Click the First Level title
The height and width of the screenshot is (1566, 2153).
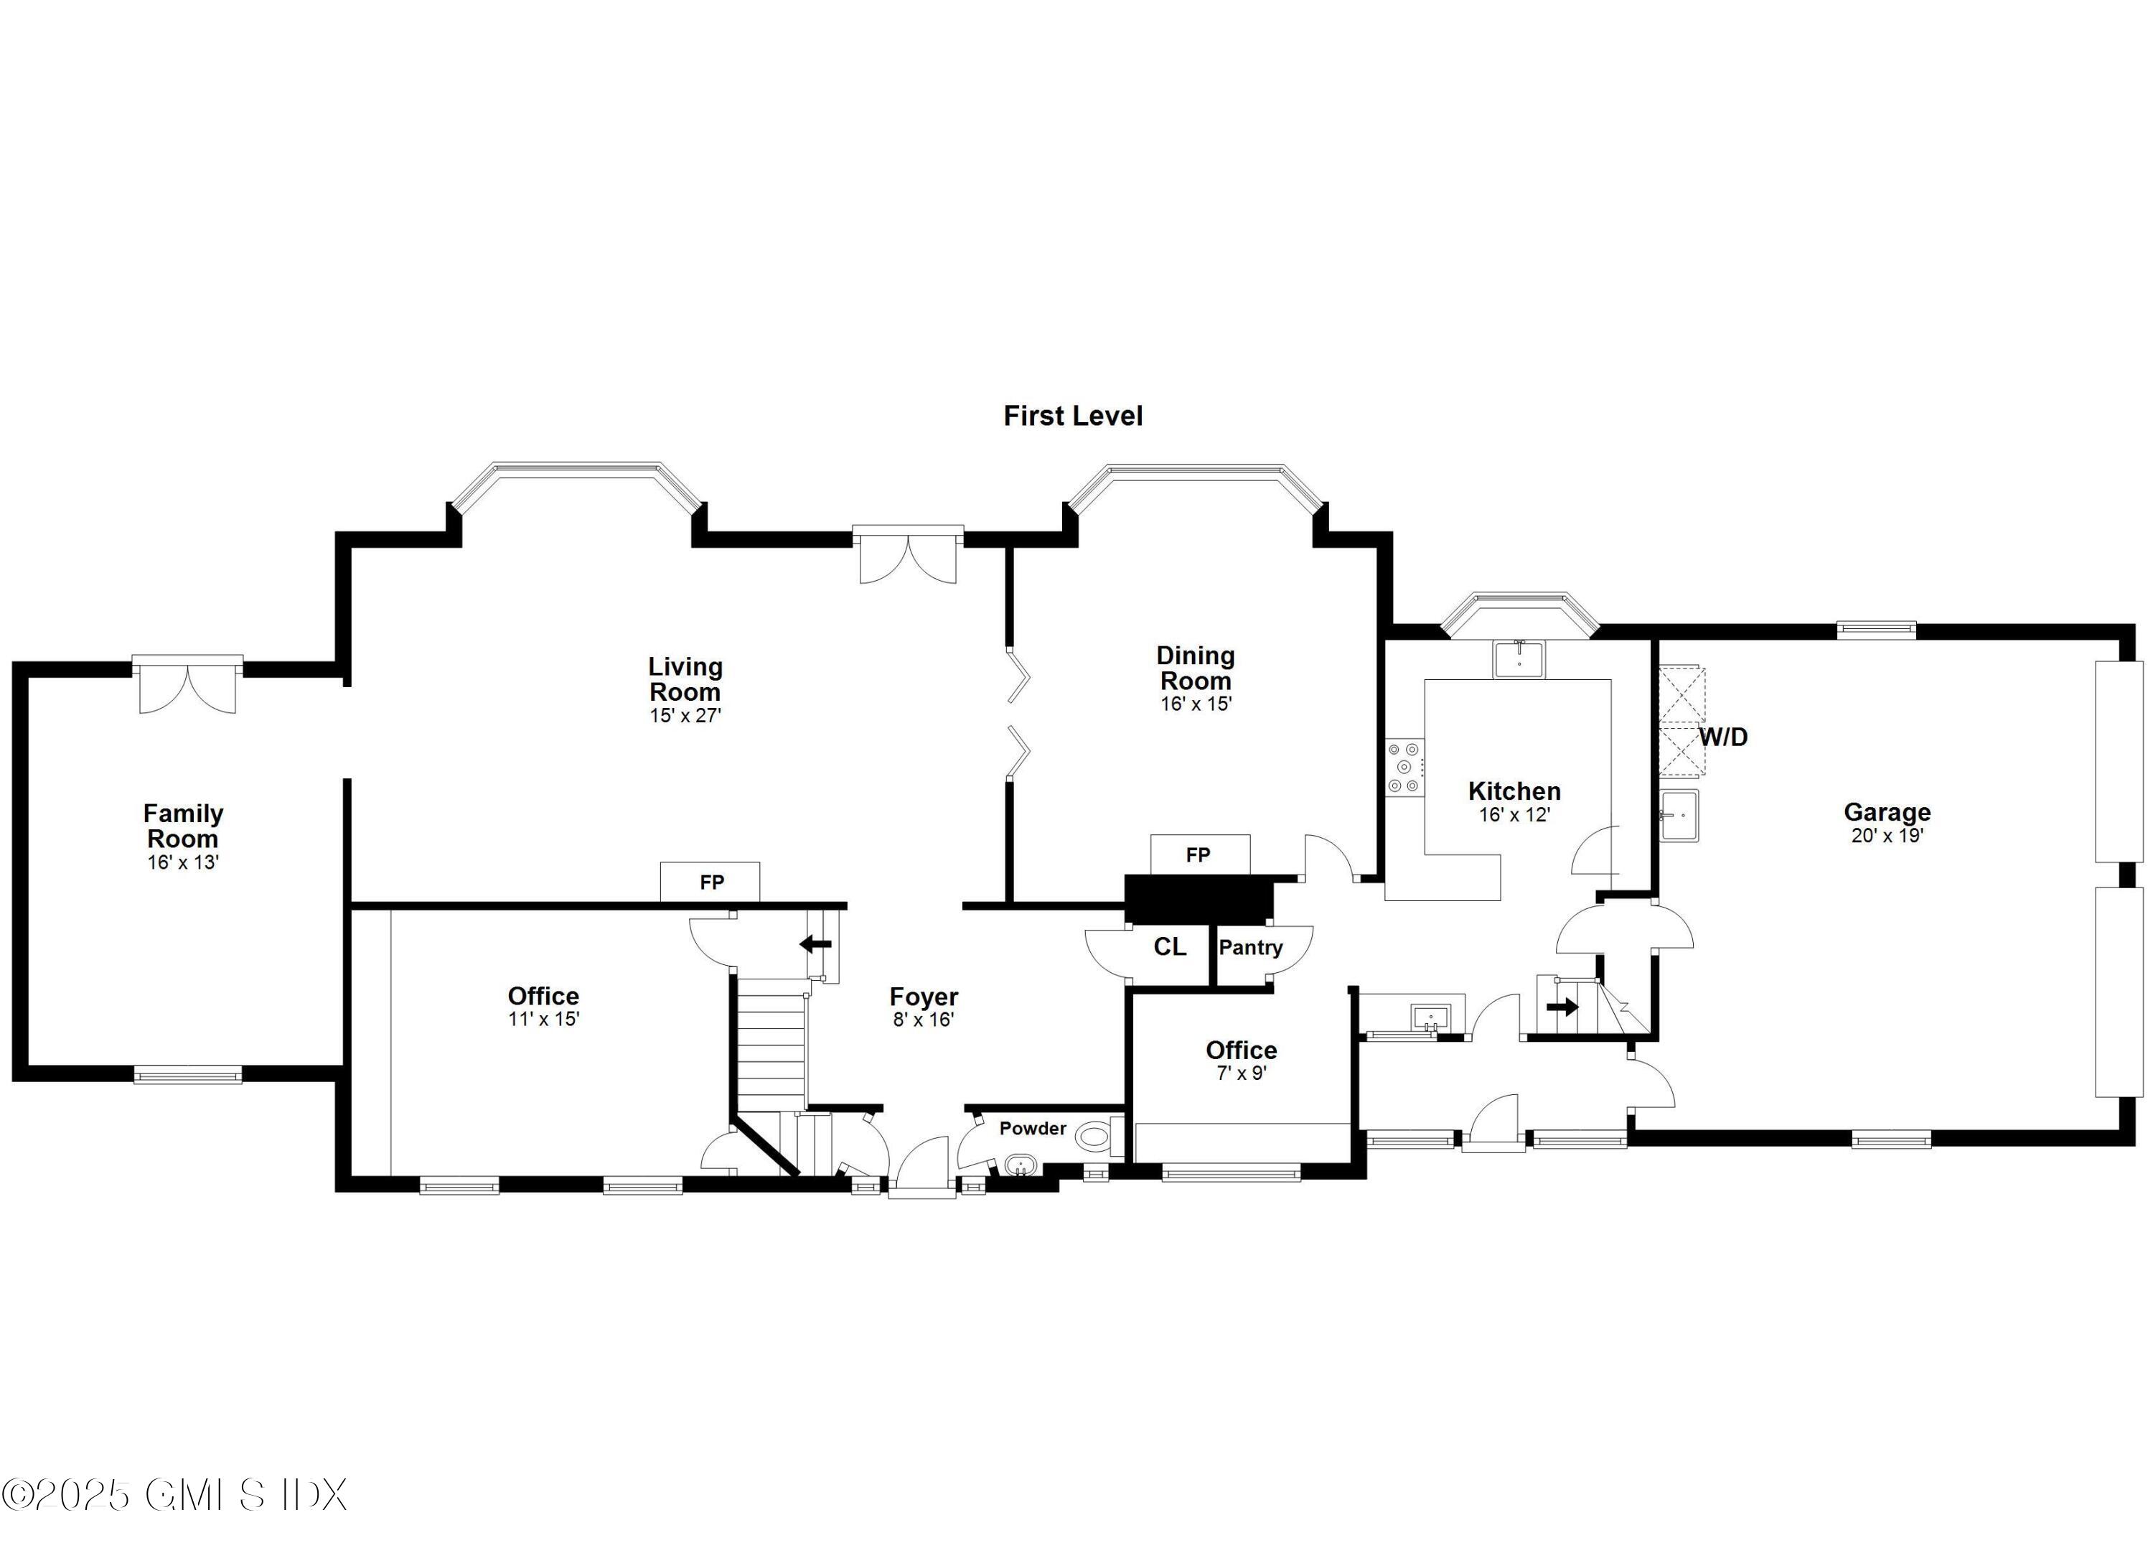pyautogui.click(x=1073, y=416)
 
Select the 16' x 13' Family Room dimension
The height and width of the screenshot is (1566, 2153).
pyautogui.click(x=183, y=862)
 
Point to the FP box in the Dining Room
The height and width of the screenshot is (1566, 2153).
pyautogui.click(x=1199, y=854)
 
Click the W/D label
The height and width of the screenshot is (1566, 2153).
pyautogui.click(x=1723, y=737)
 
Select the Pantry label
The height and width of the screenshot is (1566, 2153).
pyautogui.click(x=1250, y=947)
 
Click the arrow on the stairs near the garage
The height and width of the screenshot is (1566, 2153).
pyautogui.click(x=1562, y=1007)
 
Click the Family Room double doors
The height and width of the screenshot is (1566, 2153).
pyautogui.click(x=188, y=686)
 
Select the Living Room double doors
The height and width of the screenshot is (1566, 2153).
pyautogui.click(x=908, y=556)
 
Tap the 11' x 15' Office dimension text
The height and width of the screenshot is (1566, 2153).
pyautogui.click(x=543, y=1019)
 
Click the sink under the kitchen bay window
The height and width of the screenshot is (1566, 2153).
pyautogui.click(x=1519, y=659)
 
